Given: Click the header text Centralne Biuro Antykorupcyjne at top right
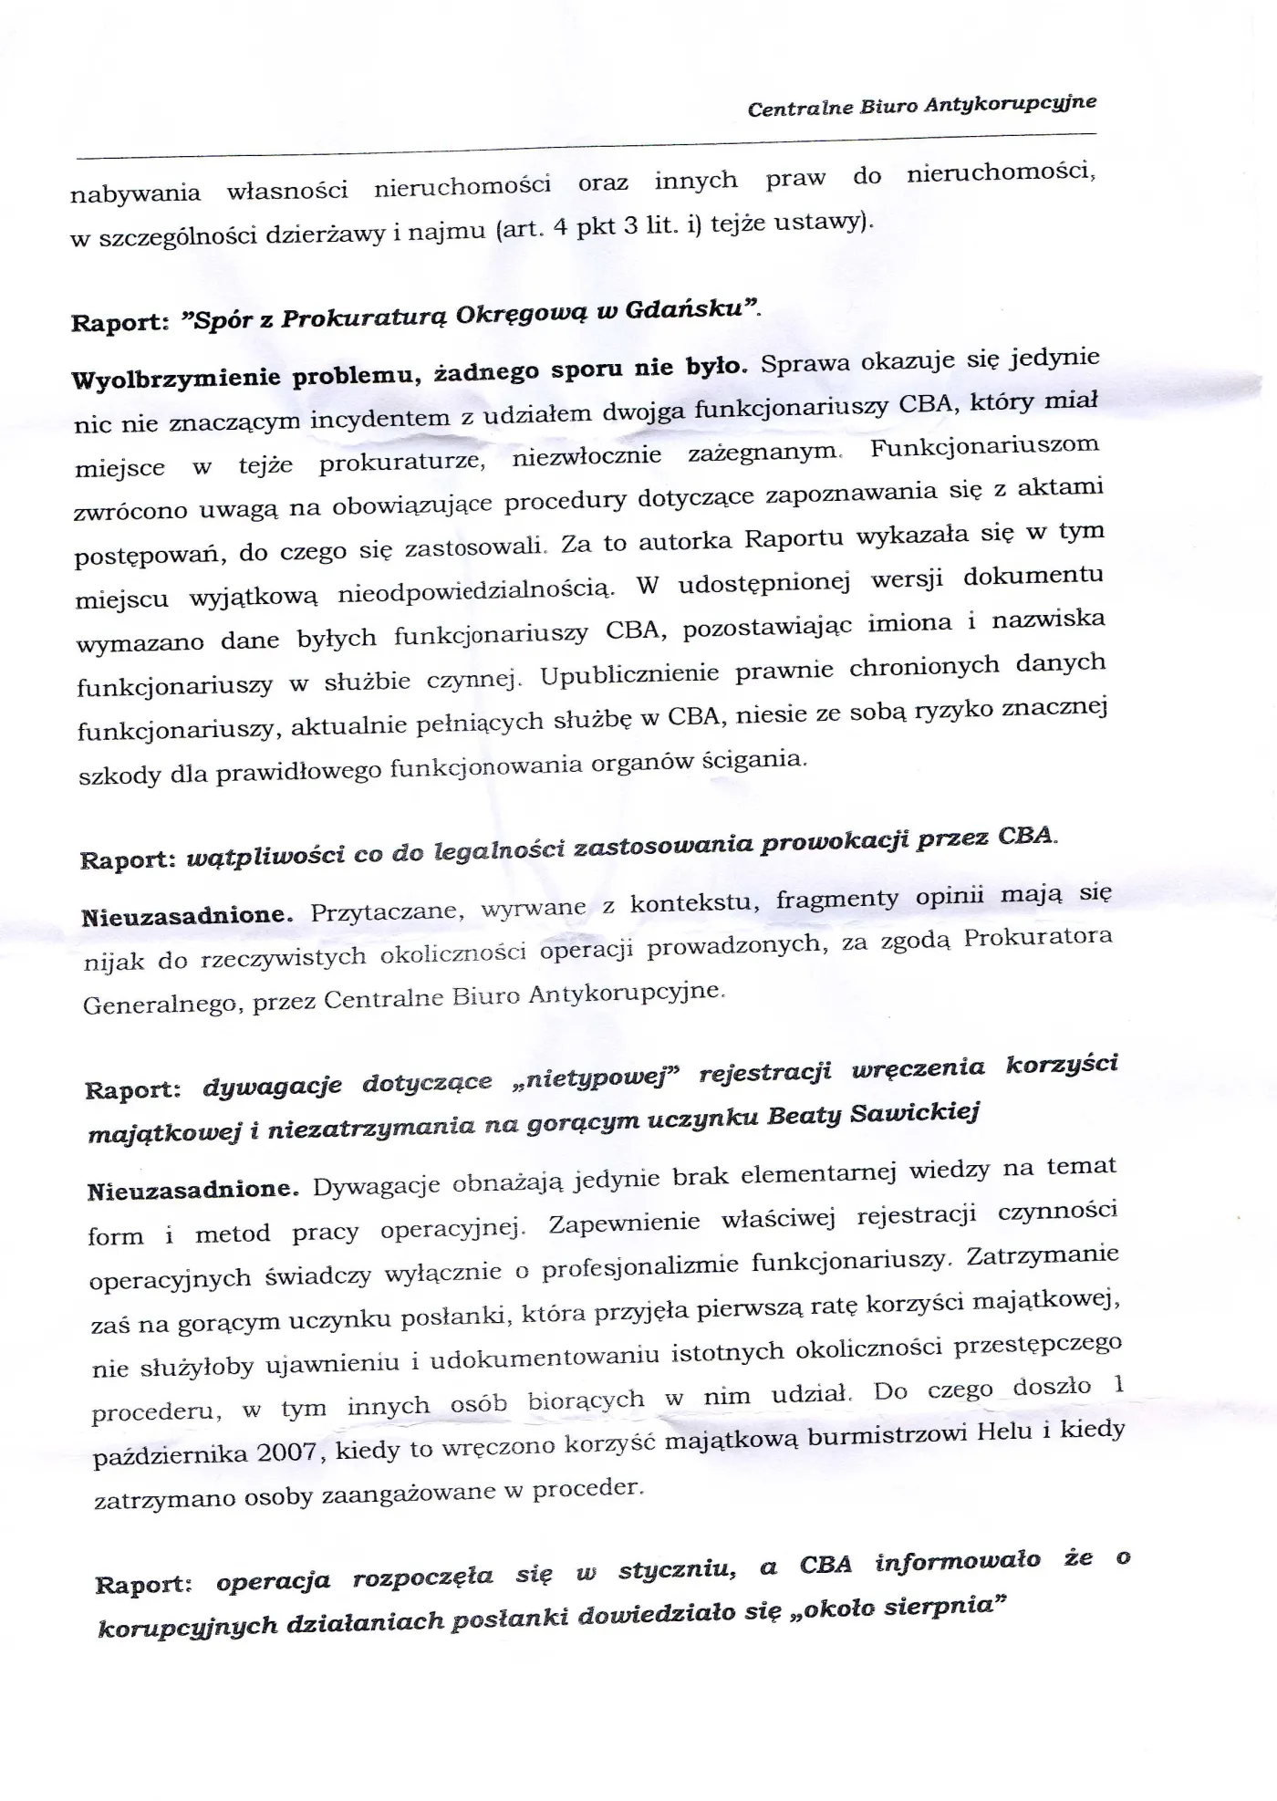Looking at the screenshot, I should click(x=921, y=105).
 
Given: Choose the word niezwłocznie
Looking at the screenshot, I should click(x=587, y=456).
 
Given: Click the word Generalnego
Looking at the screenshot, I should click(x=161, y=1005).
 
